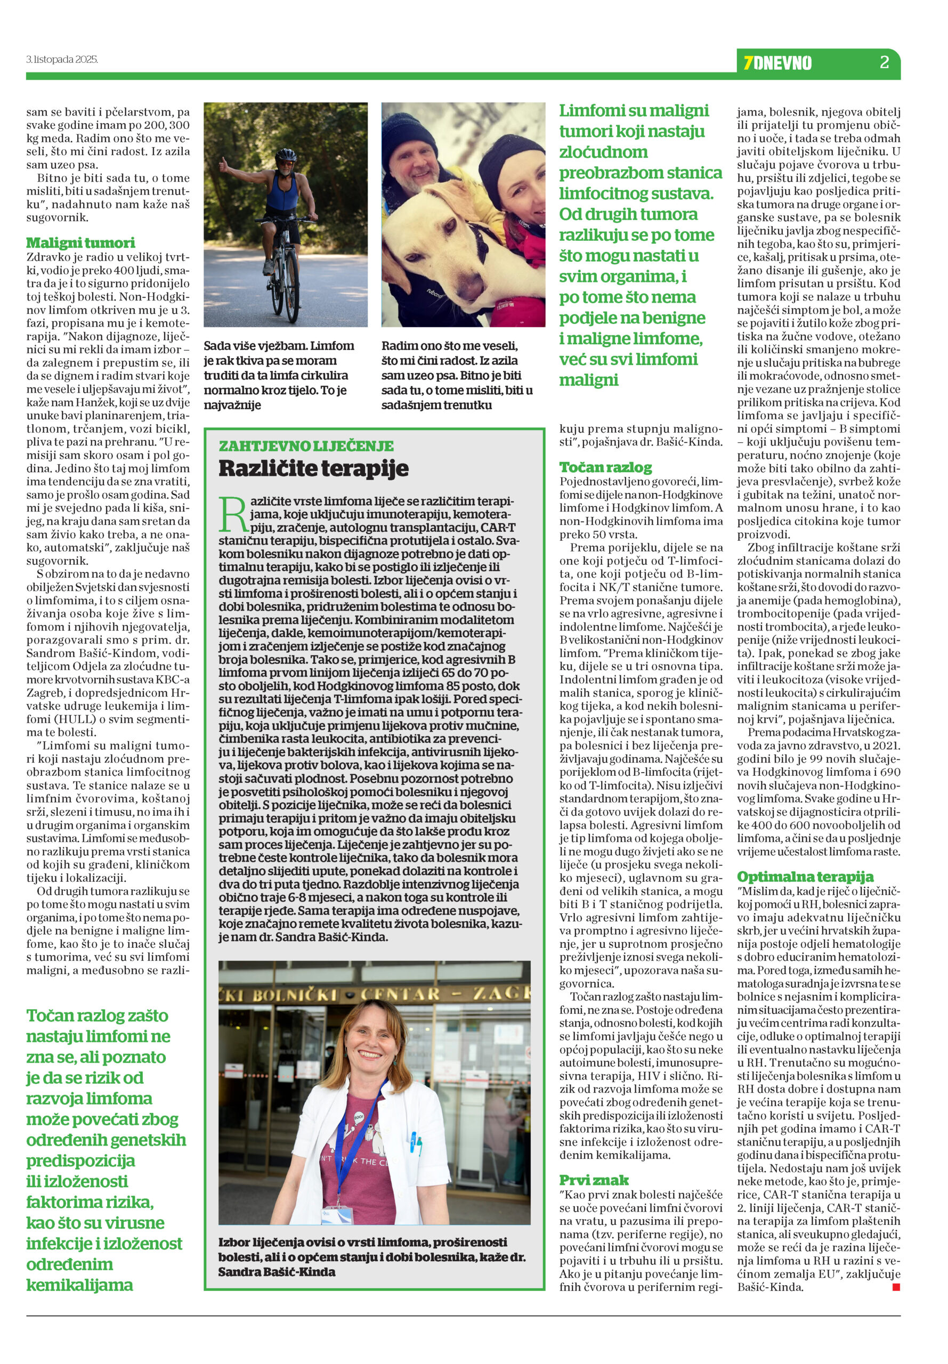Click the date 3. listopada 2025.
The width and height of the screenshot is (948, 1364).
(62, 60)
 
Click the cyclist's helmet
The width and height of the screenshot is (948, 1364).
(287, 155)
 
